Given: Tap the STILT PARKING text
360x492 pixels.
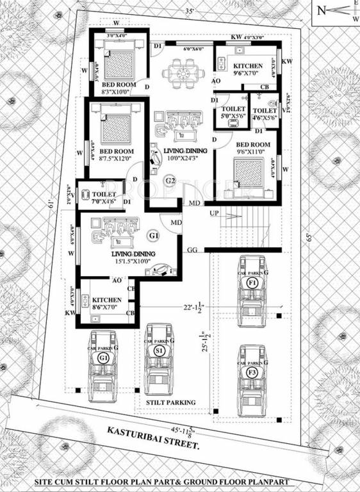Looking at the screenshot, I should (170, 402).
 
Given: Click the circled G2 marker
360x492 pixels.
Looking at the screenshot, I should (170, 181).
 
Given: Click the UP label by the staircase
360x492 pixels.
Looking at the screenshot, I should (213, 212).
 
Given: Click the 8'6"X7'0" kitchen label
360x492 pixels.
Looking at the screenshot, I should (108, 304).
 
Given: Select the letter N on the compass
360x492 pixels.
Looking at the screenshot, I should (322, 11).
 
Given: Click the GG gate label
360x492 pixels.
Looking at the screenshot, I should (192, 249).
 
